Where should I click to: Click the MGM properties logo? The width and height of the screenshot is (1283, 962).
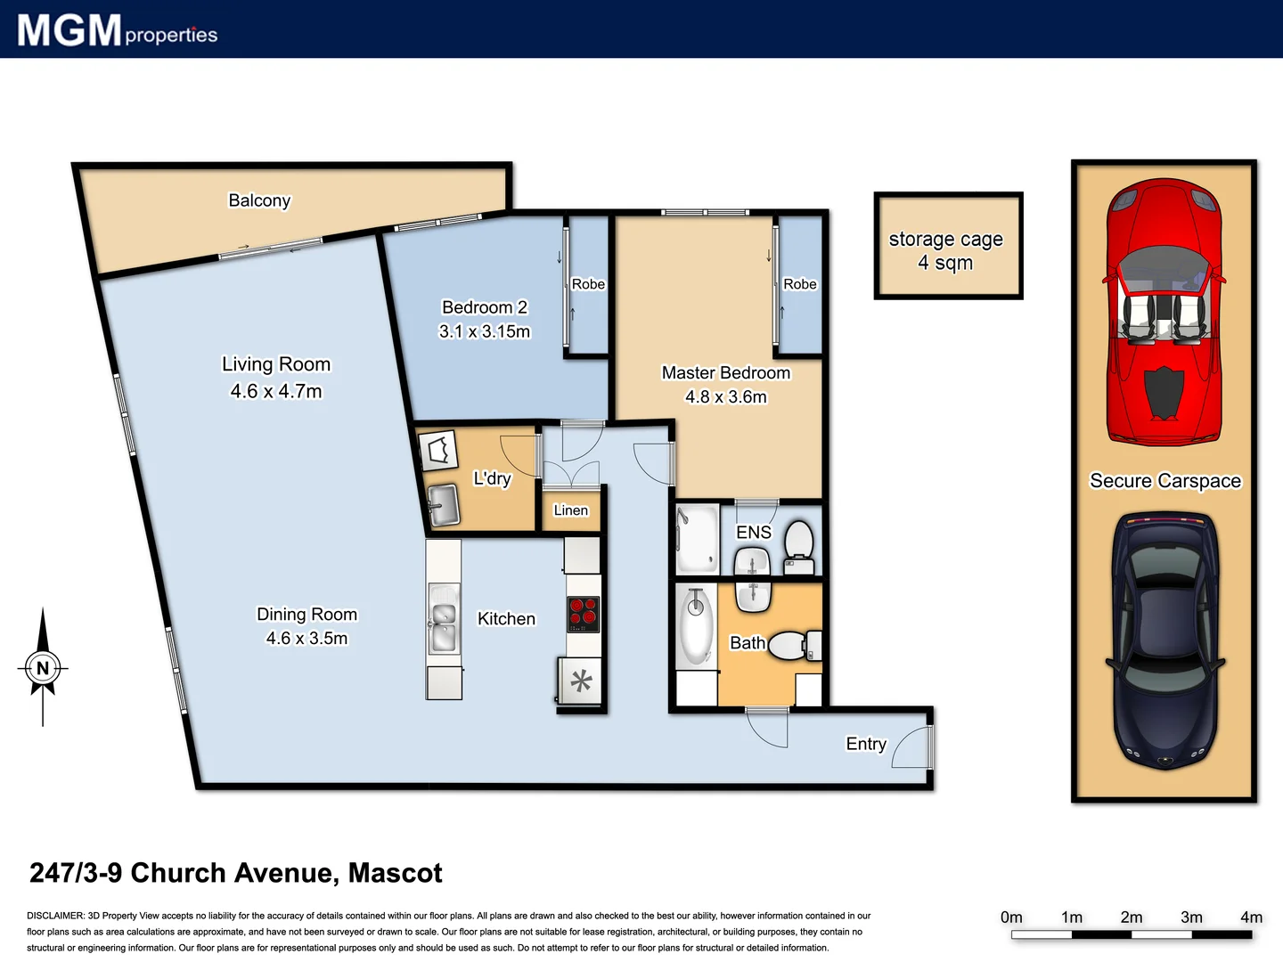(117, 30)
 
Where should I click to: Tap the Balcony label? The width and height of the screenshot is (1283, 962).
(259, 200)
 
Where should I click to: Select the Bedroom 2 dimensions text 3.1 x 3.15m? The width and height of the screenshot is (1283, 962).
(485, 331)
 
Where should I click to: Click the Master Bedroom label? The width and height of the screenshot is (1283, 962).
(725, 372)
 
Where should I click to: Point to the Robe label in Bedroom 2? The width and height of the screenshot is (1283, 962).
(588, 284)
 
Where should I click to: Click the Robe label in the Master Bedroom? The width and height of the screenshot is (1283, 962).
(799, 284)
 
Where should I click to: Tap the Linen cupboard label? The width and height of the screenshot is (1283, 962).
(570, 510)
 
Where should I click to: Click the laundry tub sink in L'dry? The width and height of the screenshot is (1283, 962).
(443, 506)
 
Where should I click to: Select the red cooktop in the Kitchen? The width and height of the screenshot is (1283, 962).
(584, 615)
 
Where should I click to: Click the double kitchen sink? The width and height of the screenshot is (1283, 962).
(443, 618)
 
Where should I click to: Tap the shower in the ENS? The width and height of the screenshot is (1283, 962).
(698, 540)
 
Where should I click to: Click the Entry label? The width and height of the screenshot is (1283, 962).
(865, 744)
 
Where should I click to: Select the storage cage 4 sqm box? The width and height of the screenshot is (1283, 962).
(947, 246)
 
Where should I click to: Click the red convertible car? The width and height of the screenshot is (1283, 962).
(1164, 312)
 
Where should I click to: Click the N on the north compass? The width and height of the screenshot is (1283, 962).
(43, 667)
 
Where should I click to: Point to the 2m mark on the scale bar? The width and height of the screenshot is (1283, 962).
(1132, 917)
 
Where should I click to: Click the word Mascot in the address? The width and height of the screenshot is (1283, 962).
(395, 873)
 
